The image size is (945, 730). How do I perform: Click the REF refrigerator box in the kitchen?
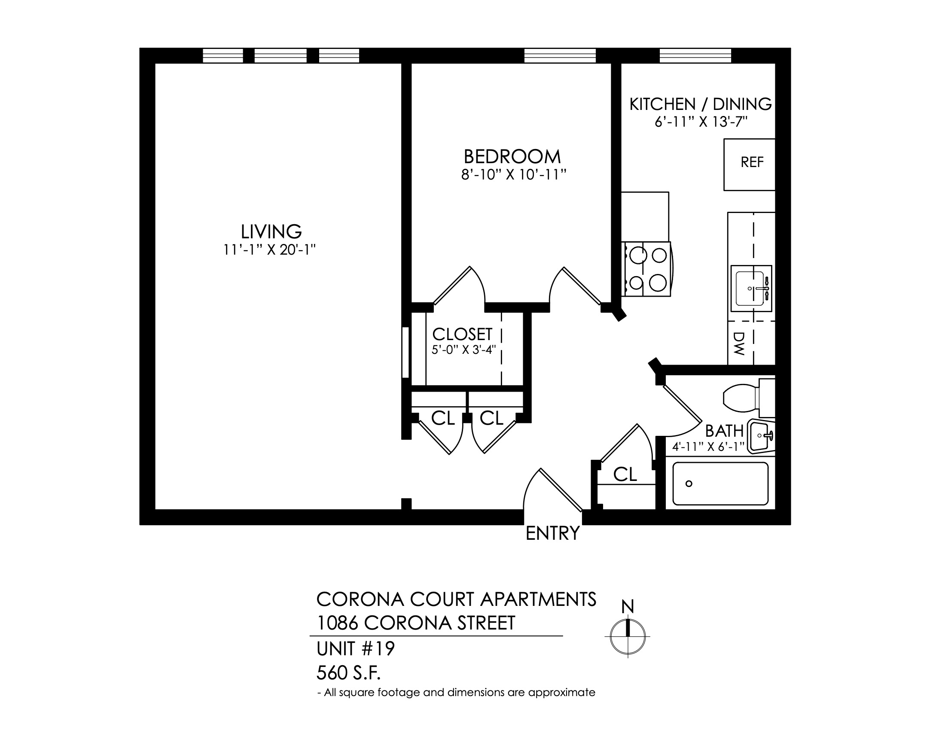(x=749, y=164)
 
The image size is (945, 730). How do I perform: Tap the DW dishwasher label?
(x=739, y=344)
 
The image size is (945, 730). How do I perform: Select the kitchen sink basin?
(x=751, y=288)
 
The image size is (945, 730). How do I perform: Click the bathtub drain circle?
(x=689, y=484)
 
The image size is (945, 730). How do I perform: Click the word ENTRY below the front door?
(x=552, y=533)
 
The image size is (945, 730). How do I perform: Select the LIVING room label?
(x=271, y=232)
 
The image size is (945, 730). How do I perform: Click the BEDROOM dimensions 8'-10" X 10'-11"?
(x=514, y=175)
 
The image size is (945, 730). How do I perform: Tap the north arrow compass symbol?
(x=628, y=636)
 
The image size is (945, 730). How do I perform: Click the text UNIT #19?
(x=356, y=649)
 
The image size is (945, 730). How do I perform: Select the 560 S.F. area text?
(x=349, y=673)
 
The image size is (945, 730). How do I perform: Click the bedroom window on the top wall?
(x=560, y=56)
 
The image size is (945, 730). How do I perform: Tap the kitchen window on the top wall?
(x=695, y=56)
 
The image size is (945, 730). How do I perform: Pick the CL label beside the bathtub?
(x=625, y=474)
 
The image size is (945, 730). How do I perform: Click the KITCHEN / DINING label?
(x=701, y=104)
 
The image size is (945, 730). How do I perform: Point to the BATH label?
(x=724, y=431)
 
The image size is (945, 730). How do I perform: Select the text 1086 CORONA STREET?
(x=416, y=623)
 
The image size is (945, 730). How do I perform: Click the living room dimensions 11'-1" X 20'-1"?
(x=270, y=250)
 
